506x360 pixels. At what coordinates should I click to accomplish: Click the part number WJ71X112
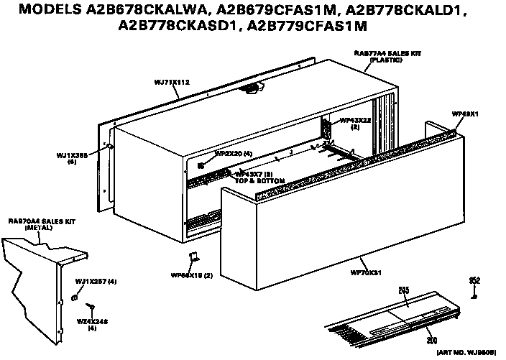tap(172, 83)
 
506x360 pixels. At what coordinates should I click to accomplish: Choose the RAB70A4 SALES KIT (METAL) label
tap(33, 223)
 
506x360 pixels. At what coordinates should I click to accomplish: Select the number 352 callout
tap(474, 280)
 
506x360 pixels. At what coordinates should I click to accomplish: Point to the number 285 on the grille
tap(403, 290)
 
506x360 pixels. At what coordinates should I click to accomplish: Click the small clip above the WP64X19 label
tap(192, 257)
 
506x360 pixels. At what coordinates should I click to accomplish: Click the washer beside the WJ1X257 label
tap(75, 297)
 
